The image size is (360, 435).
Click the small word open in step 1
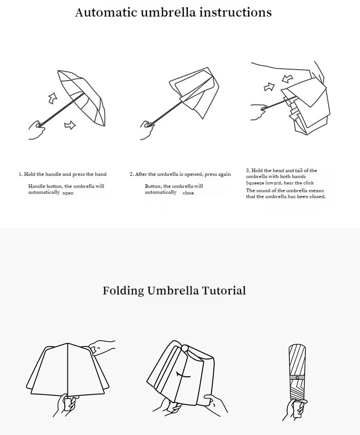[68, 193]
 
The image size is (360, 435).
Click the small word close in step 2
[188, 193]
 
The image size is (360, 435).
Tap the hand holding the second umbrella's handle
[148, 130]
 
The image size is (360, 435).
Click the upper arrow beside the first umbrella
[53, 97]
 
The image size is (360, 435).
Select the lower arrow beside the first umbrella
[70, 124]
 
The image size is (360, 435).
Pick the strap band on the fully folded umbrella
[297, 378]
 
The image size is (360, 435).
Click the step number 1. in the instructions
[21, 174]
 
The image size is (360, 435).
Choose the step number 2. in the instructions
[132, 174]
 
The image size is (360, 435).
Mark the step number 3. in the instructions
[248, 170]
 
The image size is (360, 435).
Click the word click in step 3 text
[308, 183]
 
